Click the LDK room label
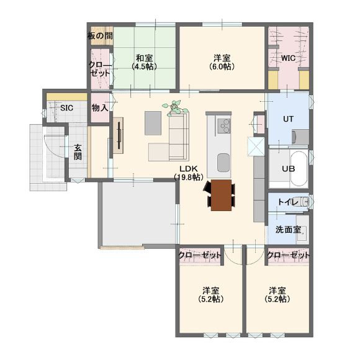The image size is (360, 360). pyautogui.click(x=189, y=173)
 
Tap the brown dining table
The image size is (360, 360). pyautogui.click(x=222, y=195)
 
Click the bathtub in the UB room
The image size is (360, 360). pyautogui.click(x=299, y=169)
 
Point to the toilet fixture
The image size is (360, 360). pyautogui.click(x=301, y=202)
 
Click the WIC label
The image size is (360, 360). pyautogui.click(x=288, y=58)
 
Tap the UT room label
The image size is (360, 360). pyautogui.click(x=288, y=119)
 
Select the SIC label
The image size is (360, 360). pyautogui.click(x=66, y=108)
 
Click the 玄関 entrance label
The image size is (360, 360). pyautogui.click(x=78, y=152)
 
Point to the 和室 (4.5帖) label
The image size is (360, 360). pyautogui.click(x=144, y=62)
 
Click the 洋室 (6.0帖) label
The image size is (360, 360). pyautogui.click(x=222, y=62)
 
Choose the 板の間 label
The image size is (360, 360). pyautogui.click(x=100, y=36)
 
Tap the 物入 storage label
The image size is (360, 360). pyautogui.click(x=100, y=107)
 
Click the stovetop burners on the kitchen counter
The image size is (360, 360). pyautogui.click(x=223, y=126)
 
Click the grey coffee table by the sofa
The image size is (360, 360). pyautogui.click(x=153, y=123)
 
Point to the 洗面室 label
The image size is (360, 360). pyautogui.click(x=288, y=230)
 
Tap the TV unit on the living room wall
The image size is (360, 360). pyautogui.click(x=119, y=135)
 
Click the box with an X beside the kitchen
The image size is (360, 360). pyautogui.click(x=256, y=146)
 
